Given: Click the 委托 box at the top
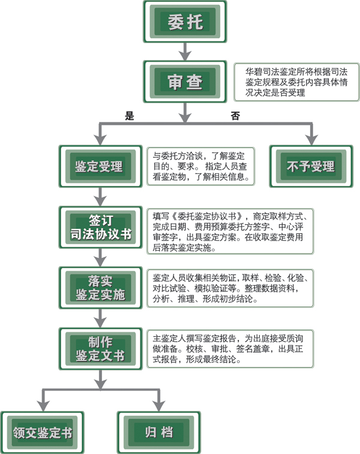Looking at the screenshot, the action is [x=185, y=22].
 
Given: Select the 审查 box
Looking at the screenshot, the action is [x=185, y=82].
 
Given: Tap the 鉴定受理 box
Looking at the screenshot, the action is [x=100, y=167].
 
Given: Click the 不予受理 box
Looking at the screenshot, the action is [x=311, y=167].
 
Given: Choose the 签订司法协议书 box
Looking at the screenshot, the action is [x=100, y=227].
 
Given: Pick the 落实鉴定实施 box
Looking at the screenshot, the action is [x=100, y=288].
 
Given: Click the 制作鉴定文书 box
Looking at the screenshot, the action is [x=100, y=348].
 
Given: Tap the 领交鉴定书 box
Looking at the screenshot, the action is [x=43, y=432].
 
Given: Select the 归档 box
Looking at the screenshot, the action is [x=159, y=432].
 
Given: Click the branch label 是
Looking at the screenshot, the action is [x=130, y=116].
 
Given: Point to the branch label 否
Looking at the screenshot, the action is [x=235, y=116].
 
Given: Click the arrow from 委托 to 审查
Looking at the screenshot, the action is [x=185, y=52].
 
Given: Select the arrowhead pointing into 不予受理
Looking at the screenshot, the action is [x=311, y=140].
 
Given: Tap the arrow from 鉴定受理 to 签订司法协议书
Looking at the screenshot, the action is [x=100, y=197].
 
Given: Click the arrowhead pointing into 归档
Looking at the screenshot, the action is [x=159, y=406].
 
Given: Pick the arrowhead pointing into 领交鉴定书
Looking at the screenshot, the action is [x=43, y=406].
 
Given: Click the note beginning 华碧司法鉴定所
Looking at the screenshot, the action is [x=296, y=82].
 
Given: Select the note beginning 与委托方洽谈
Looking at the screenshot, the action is [x=201, y=166].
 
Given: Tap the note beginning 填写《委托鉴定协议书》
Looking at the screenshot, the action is [x=230, y=231].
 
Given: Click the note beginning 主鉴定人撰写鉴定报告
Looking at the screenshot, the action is [x=230, y=348].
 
